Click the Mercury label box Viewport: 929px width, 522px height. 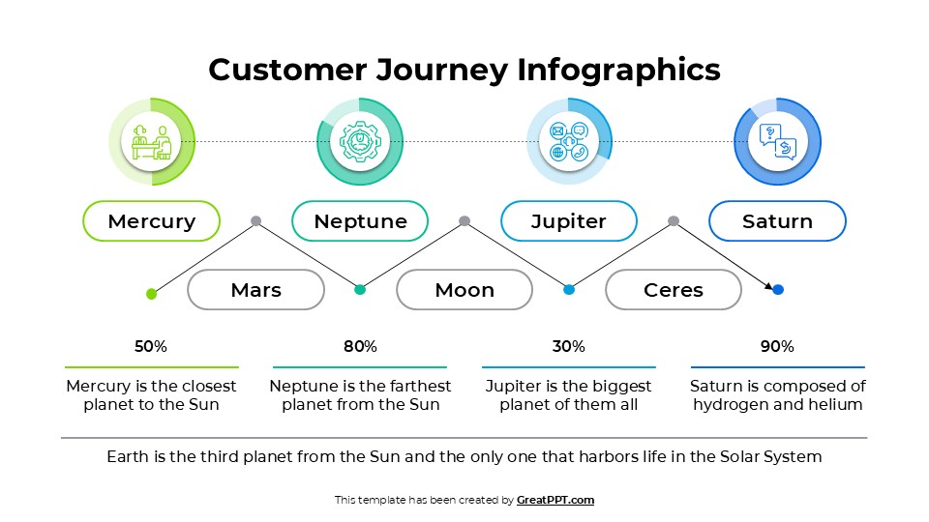click(152, 220)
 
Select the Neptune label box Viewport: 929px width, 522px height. click(360, 220)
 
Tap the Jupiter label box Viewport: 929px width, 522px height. click(569, 220)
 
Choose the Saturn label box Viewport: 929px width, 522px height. click(777, 220)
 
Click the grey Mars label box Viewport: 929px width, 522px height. click(255, 289)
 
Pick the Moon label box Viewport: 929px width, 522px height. click(464, 289)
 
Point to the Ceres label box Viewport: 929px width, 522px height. click(674, 289)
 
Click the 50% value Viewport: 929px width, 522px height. click(151, 346)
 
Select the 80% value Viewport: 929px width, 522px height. click(360, 346)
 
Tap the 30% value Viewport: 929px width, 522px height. click(569, 346)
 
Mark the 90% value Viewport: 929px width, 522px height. click(777, 346)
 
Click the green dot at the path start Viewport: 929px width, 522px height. click(151, 293)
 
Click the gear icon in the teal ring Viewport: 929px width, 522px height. click(360, 141)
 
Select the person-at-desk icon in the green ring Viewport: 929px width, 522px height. click(152, 141)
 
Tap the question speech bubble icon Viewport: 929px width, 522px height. click(778, 141)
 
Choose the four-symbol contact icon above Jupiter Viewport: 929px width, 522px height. click(569, 141)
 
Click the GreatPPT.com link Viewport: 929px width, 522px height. click(555, 500)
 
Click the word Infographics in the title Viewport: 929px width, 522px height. click(618, 70)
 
